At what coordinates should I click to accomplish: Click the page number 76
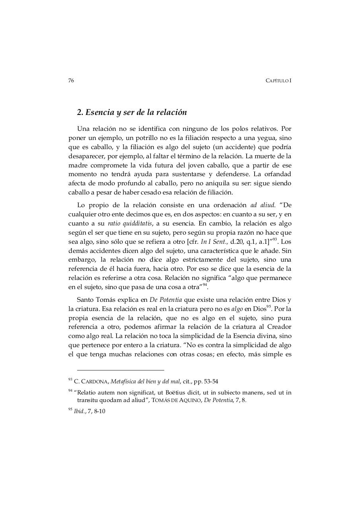pos(71,80)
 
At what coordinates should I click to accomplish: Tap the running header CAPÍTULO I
pos(278,81)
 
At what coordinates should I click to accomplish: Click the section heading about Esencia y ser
pos(132,113)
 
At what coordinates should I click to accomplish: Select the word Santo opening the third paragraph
pos(85,299)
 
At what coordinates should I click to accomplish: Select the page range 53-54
pos(210,382)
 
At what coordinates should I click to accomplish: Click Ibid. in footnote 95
pos(80,411)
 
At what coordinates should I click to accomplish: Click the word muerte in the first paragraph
pos(270,156)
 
